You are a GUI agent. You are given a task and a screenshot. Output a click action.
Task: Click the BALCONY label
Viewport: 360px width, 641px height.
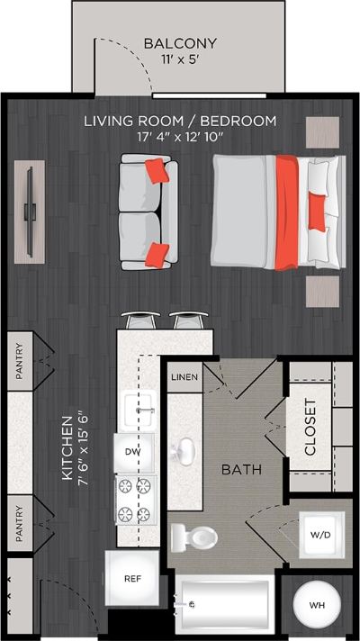click(x=180, y=43)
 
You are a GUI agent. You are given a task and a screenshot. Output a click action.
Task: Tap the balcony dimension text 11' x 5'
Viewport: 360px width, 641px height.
click(x=180, y=59)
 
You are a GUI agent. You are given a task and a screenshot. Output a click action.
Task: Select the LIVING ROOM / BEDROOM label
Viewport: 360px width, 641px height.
click(x=180, y=121)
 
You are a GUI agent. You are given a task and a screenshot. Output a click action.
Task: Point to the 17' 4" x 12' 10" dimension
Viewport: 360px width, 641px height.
click(x=180, y=137)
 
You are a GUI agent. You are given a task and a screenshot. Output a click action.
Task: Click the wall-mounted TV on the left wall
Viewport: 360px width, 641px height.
click(x=30, y=212)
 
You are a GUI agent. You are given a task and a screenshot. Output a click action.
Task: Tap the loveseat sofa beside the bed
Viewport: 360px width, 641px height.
click(x=148, y=212)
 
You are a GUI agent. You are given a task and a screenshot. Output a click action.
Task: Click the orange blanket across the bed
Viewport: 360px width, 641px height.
click(x=285, y=212)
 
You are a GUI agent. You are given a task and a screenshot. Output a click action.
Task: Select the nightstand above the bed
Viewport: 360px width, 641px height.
click(x=322, y=131)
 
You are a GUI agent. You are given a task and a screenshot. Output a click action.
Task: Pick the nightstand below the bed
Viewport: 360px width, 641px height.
click(x=322, y=291)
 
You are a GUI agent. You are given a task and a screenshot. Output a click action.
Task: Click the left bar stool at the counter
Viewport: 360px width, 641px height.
click(x=140, y=320)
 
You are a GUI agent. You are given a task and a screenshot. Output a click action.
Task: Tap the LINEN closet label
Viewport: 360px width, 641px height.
click(x=184, y=376)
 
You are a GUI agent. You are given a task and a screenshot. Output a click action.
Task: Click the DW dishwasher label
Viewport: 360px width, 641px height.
click(x=133, y=451)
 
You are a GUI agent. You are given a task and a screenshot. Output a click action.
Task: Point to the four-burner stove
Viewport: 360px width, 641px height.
click(x=133, y=500)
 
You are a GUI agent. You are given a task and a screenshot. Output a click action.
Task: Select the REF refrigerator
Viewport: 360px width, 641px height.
click(x=131, y=578)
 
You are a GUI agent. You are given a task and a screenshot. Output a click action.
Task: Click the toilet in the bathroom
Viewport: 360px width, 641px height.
click(x=194, y=537)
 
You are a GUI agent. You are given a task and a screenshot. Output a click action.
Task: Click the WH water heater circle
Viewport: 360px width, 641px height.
click(x=318, y=605)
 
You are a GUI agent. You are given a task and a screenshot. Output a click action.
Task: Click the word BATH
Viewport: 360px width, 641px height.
click(x=242, y=469)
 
